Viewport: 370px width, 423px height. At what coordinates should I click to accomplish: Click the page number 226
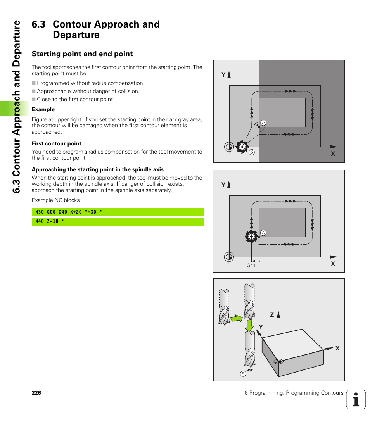[x=36, y=393]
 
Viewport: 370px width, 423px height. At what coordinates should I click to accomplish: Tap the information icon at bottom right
[x=356, y=399]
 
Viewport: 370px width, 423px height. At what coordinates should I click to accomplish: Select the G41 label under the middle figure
[x=251, y=266]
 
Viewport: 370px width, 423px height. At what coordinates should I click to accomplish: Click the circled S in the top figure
[x=251, y=152]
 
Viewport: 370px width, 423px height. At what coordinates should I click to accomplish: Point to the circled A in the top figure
[x=263, y=123]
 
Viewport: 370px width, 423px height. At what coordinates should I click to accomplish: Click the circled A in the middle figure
[x=263, y=233]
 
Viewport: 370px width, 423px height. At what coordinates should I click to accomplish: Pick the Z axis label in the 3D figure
[x=272, y=315]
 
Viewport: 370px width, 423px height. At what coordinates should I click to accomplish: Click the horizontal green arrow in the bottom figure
[x=236, y=318]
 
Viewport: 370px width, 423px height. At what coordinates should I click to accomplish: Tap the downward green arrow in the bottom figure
[x=249, y=325]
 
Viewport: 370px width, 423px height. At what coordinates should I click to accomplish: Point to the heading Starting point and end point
[x=82, y=54]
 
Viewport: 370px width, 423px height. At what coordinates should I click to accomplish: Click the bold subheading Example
[x=43, y=109]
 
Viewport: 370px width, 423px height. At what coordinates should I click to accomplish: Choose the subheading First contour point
[x=56, y=143]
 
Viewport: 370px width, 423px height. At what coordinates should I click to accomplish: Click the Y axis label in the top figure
[x=223, y=75]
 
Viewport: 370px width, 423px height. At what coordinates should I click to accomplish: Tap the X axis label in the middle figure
[x=333, y=264]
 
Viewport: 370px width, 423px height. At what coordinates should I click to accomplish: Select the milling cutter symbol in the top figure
[x=242, y=147]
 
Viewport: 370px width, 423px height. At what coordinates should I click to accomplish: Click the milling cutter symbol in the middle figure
[x=251, y=236]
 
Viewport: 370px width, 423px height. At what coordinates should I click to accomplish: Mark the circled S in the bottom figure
[x=243, y=374]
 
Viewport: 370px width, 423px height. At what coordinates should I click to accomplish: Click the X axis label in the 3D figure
[x=337, y=349]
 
